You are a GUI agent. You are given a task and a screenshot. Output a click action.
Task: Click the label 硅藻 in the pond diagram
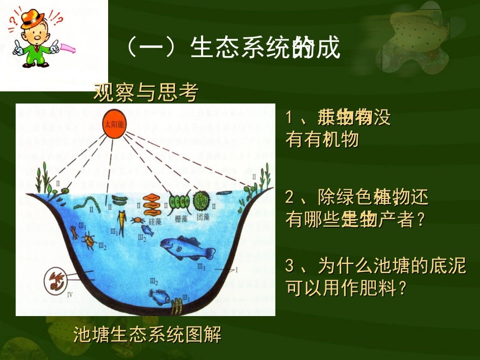[155, 220]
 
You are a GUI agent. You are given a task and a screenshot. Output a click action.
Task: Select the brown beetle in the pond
[89, 241]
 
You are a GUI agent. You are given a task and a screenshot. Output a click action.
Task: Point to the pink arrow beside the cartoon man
[67, 48]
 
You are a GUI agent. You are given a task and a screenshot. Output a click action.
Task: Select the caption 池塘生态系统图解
[147, 334]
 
